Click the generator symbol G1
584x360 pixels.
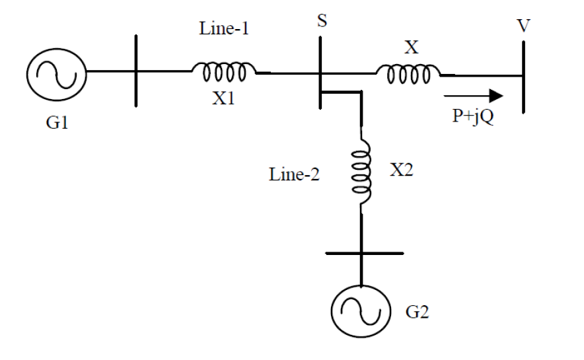click(x=56, y=71)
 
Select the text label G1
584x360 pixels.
click(x=57, y=123)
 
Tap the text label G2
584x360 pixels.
click(x=417, y=311)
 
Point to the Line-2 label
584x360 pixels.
click(x=295, y=175)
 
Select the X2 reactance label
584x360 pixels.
click(x=402, y=169)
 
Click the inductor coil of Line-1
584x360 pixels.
click(x=223, y=71)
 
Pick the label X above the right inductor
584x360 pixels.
click(x=410, y=47)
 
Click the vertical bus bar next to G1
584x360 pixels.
click(x=135, y=71)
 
